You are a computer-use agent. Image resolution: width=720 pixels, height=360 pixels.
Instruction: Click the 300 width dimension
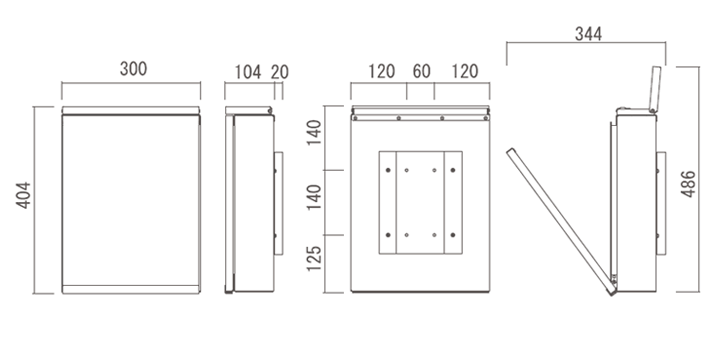click(x=133, y=69)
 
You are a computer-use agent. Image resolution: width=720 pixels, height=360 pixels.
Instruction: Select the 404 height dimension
click(x=23, y=196)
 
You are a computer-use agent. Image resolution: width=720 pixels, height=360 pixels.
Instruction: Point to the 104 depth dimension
click(x=248, y=72)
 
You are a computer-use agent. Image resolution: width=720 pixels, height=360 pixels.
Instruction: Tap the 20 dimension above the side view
click(x=280, y=72)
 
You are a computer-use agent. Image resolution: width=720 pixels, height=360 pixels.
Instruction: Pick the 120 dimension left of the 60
click(x=382, y=72)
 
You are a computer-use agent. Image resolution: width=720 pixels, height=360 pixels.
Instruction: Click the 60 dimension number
click(x=422, y=72)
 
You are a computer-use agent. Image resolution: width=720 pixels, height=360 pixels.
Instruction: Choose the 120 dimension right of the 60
click(x=465, y=72)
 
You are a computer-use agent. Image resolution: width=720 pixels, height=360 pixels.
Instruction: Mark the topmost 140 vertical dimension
click(x=314, y=132)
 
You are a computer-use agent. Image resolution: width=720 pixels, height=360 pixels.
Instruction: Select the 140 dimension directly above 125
click(x=314, y=197)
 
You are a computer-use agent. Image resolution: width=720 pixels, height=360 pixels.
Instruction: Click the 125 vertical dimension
click(x=314, y=258)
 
